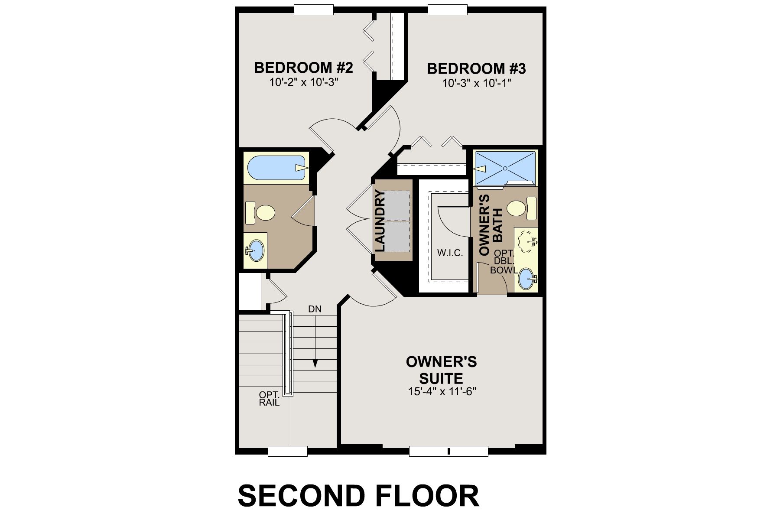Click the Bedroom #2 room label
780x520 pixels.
click(x=303, y=68)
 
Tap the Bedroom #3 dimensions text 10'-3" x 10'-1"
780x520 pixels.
click(x=477, y=83)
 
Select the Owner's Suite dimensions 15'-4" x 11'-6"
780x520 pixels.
click(x=442, y=392)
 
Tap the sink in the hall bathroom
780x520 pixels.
click(x=256, y=250)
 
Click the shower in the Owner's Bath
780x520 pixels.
click(x=505, y=167)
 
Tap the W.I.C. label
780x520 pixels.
click(x=450, y=253)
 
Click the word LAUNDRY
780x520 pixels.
click(x=380, y=221)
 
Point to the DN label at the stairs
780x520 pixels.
click(x=315, y=309)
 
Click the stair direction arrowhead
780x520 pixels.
click(x=315, y=364)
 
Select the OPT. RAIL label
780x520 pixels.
click(x=269, y=399)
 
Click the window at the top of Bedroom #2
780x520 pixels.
click(x=314, y=9)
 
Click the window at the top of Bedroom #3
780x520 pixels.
click(x=448, y=9)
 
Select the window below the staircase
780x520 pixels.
click(x=287, y=451)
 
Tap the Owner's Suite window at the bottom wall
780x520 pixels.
click(x=448, y=451)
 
